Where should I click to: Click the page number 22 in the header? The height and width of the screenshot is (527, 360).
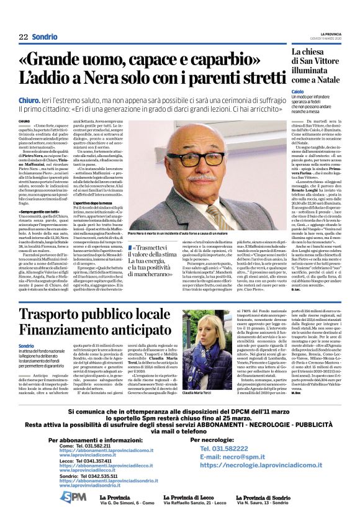click(23, 37)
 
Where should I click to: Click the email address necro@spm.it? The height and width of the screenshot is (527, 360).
click(230, 456)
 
